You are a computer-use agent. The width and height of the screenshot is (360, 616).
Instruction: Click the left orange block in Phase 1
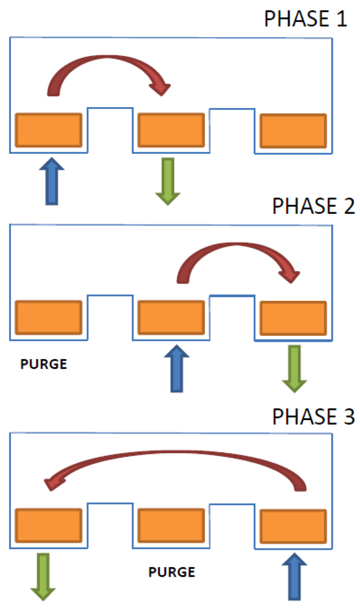pos(49,129)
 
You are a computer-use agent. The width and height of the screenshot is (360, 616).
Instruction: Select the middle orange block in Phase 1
pos(170,129)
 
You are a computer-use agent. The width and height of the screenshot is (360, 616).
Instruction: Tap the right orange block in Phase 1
pos(293,130)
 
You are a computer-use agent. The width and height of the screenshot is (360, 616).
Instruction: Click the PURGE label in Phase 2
pos(43,364)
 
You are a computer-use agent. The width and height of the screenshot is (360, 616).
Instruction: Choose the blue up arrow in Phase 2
pos(177,367)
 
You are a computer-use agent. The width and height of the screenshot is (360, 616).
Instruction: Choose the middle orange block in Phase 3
pos(170,525)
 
